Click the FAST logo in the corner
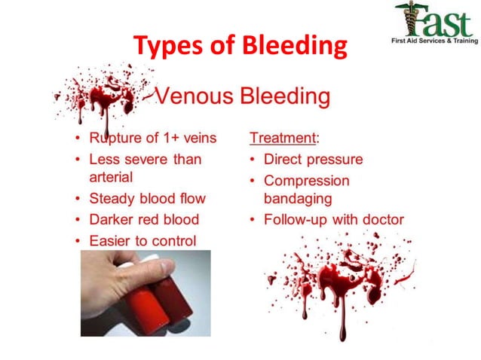[x=433, y=18]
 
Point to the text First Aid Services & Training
[x=434, y=41]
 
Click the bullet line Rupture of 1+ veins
[x=152, y=139]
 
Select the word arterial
[x=112, y=178]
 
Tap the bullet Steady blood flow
[x=147, y=199]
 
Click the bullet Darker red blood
[x=144, y=220]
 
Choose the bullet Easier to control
[x=142, y=241]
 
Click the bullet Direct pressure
[x=313, y=160]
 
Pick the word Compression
[x=307, y=181]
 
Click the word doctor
[x=381, y=220]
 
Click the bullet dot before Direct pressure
[x=254, y=160]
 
